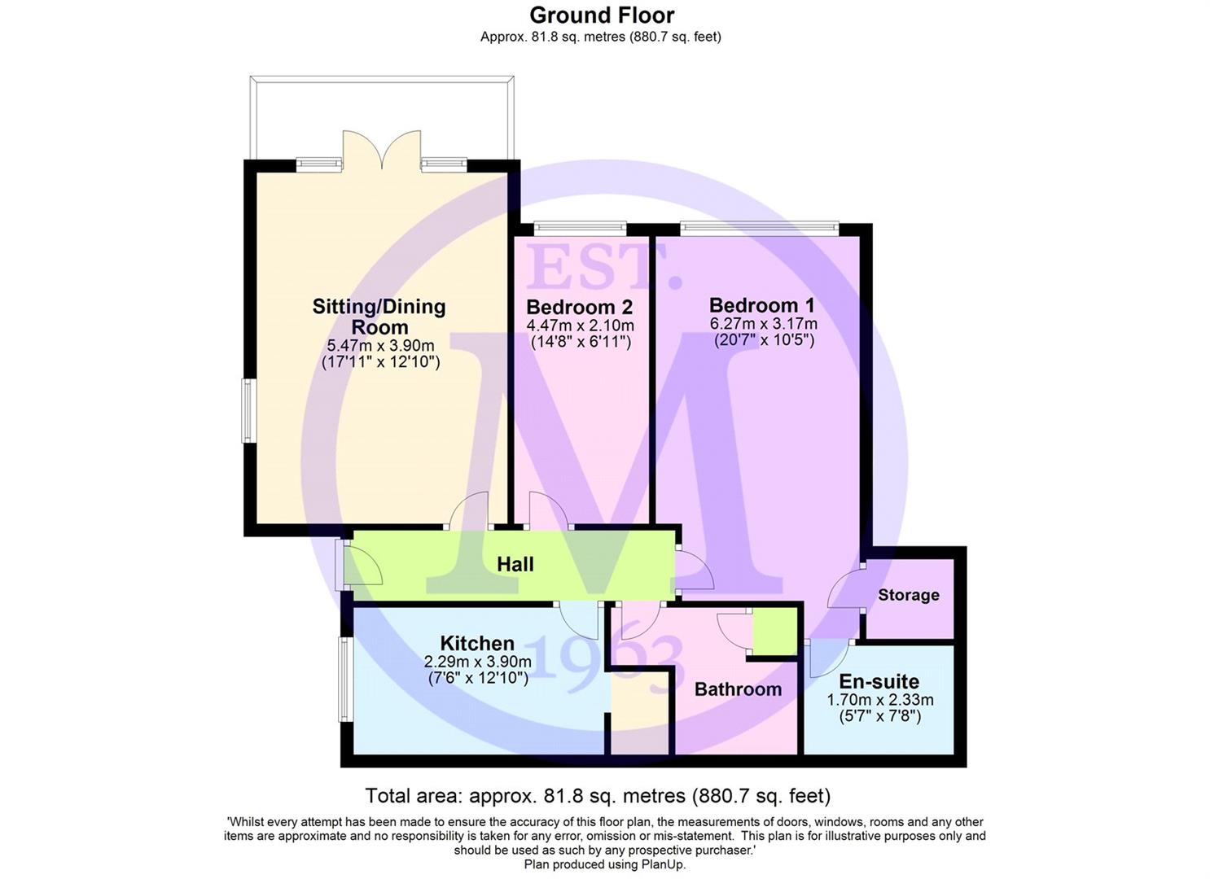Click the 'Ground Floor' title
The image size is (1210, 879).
point(602,15)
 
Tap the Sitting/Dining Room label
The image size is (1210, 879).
point(379,317)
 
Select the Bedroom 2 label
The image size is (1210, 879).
point(579,307)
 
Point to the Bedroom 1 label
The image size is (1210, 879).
point(761,305)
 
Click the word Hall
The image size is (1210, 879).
point(515,565)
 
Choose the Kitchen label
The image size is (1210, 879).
point(477,643)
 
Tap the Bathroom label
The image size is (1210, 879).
point(738,689)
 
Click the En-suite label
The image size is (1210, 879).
point(879,681)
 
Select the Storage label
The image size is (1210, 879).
point(909,595)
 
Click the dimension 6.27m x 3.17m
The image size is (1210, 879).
point(763,324)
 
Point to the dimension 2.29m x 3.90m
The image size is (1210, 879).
point(477,662)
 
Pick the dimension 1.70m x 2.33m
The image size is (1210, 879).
point(880,700)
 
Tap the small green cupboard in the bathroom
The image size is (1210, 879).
point(775,632)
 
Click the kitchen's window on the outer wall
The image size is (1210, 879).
point(345,680)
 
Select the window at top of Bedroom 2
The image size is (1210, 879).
point(580,229)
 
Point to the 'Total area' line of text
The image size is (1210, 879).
point(598,796)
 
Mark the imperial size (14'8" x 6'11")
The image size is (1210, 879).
point(581,342)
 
